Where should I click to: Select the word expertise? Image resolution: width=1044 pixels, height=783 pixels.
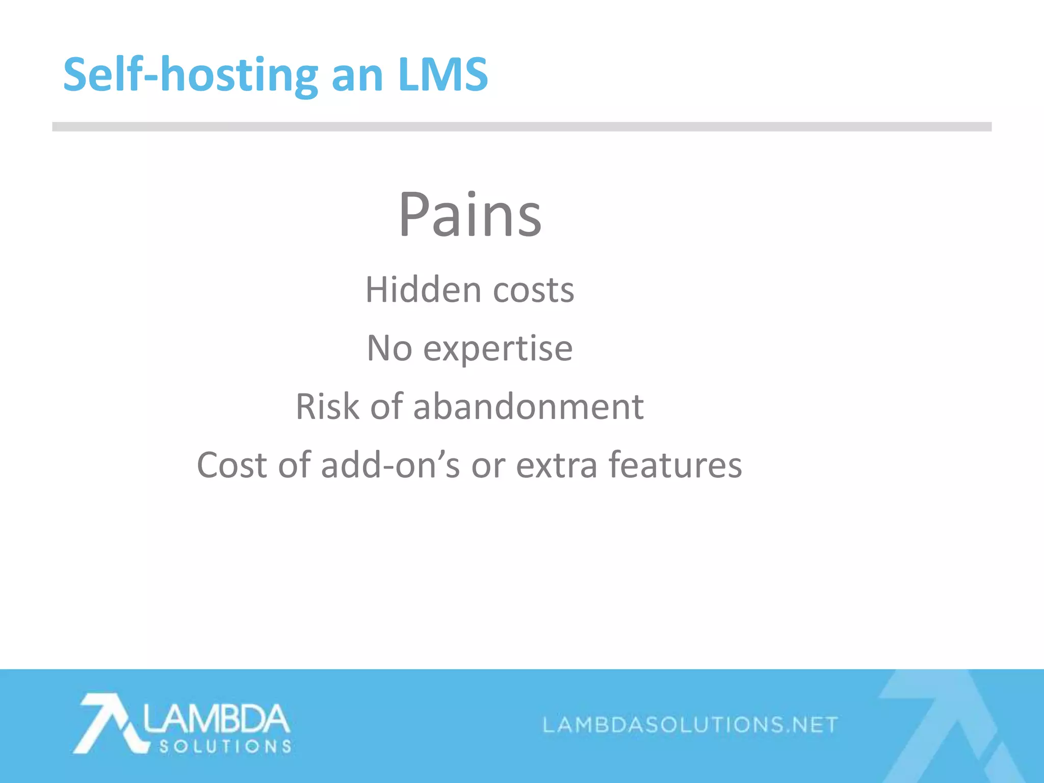coord(498,350)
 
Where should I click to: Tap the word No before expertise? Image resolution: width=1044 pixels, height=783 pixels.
coord(389,349)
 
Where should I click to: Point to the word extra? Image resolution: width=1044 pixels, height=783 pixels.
coord(557,466)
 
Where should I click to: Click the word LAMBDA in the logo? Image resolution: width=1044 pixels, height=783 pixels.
coord(217,719)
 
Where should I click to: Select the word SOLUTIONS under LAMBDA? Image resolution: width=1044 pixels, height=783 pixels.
coord(225,747)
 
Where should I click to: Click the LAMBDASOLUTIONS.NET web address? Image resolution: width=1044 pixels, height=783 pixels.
coord(690,724)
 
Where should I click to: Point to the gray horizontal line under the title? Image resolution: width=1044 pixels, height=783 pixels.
coord(521,127)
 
